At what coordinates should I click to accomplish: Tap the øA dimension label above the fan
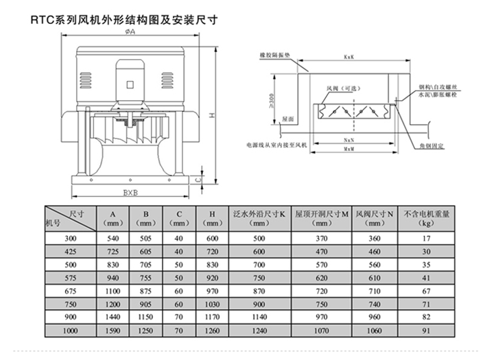(x=130, y=32)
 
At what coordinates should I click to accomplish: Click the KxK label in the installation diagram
(x=349, y=58)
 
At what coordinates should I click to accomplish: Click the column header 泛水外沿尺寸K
(x=259, y=218)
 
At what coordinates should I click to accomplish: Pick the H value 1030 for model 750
(x=212, y=304)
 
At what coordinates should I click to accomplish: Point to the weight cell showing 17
(x=426, y=239)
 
